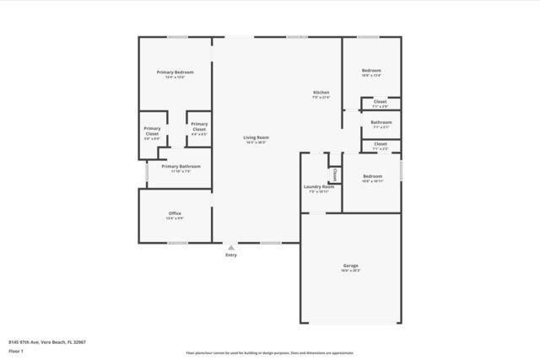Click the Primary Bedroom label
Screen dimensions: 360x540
pos(175,73)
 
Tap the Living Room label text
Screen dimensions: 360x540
pos(256,137)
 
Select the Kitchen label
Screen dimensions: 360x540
pos(321,92)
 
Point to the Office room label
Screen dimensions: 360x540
pos(175,213)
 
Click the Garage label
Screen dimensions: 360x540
pos(350,266)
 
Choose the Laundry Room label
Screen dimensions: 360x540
pos(319,186)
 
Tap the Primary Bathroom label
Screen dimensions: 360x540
pos(181,166)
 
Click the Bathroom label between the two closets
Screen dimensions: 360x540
pos(381,122)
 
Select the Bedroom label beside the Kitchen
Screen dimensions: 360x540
pos(371,70)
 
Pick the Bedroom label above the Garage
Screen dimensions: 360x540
pos(372,176)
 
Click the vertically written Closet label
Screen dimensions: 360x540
pos(335,175)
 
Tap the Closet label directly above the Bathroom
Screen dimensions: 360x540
pos(380,101)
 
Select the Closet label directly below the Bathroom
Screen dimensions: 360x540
pos(380,143)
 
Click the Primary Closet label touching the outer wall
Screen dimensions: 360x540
pos(152,132)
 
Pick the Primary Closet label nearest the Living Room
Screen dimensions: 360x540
pos(199,126)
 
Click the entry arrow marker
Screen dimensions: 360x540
pos(230,248)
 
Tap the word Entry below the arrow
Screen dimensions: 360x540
pos(230,255)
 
